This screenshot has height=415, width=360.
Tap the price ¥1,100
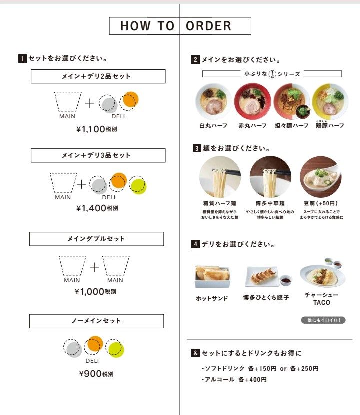[97, 129]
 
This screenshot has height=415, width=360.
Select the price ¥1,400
[97, 208]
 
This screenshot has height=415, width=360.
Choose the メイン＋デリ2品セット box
[98, 76]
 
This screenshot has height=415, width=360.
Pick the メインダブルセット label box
[96, 239]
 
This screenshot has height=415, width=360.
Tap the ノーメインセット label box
[96, 321]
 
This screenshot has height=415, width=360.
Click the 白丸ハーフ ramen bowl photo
[213, 101]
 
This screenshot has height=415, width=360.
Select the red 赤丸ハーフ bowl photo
[252, 101]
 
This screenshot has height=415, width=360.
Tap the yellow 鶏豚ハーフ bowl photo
[330, 101]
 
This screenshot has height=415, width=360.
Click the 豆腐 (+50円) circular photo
[321, 177]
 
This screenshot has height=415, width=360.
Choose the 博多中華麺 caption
[270, 204]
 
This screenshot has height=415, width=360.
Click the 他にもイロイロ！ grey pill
[324, 320]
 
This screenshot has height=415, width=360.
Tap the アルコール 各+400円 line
[234, 380]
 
